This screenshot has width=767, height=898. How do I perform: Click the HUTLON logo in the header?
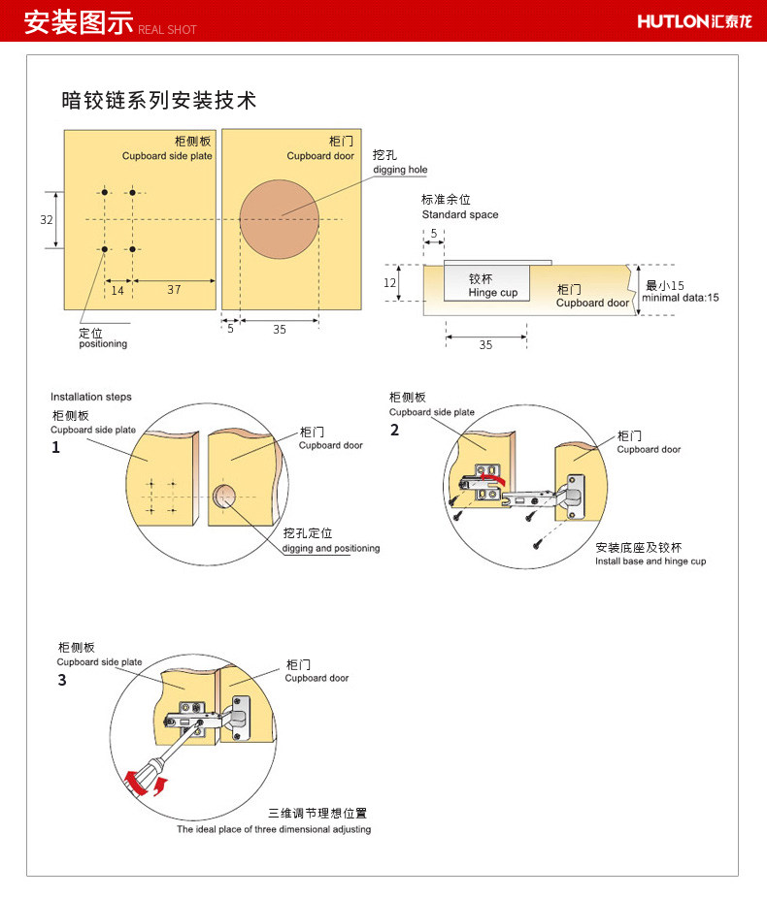coord(696,20)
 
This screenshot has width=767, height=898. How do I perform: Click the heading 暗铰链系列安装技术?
coord(159,100)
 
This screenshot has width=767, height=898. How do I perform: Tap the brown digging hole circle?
coord(279,219)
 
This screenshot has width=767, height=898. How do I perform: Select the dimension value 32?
coord(47,220)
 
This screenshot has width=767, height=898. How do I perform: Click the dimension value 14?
coord(117,290)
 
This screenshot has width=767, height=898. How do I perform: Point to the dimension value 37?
coord(174,290)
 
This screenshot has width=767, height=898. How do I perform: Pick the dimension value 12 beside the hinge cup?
coord(389,283)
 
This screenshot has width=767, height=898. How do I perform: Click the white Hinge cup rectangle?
coord(487,283)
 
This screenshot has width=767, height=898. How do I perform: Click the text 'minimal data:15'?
coord(681,298)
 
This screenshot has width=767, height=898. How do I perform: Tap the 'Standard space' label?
coord(460,214)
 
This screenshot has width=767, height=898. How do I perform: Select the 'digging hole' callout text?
coord(400,170)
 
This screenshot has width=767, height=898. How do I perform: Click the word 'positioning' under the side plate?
coord(103,344)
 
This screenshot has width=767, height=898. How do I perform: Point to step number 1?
coord(55,448)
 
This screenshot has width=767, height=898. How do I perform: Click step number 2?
coord(394,431)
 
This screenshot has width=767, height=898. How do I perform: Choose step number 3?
coord(62,680)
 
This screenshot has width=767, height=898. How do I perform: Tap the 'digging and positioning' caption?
coord(331,549)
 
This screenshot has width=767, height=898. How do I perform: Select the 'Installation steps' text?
coord(91,397)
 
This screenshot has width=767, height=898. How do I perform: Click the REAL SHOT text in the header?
coord(168,30)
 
